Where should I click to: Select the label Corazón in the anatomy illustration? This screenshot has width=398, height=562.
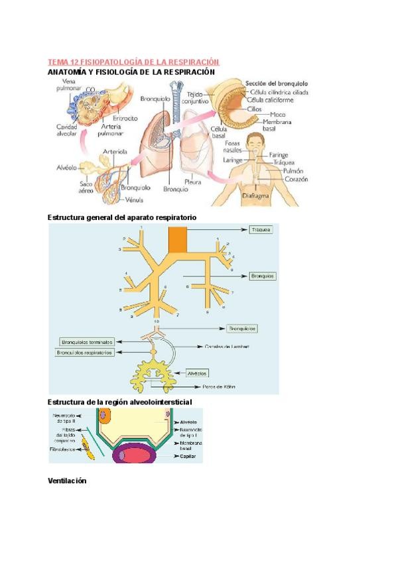(297, 179)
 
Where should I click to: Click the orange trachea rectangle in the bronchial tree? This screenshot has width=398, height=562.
(177, 239)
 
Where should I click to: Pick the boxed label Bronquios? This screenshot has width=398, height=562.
(262, 275)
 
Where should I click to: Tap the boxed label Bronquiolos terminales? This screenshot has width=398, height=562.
(87, 342)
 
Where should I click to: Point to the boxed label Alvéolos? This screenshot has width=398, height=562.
(198, 372)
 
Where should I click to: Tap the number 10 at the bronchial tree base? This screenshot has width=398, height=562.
(157, 321)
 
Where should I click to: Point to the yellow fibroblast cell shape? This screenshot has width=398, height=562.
(86, 443)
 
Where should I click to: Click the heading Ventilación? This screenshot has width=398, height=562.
(68, 480)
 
